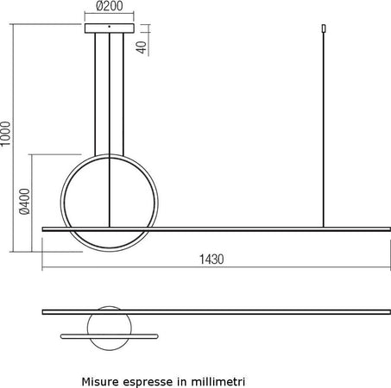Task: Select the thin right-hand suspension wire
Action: tap(323, 129)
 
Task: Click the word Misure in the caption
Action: tap(100, 379)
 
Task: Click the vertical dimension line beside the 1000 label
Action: tap(16, 138)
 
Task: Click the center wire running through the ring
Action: tap(110, 172)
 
